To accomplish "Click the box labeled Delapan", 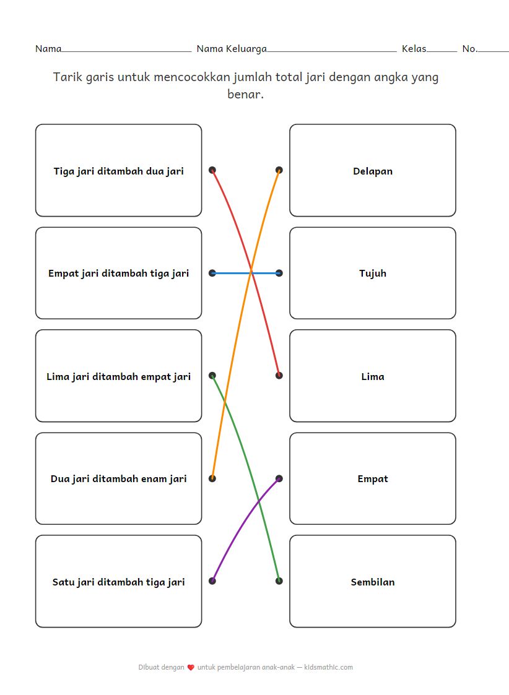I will pyautogui.click(x=372, y=171).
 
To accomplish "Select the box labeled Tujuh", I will pyautogui.click(x=372, y=273).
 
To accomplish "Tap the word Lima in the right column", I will pyautogui.click(x=372, y=376).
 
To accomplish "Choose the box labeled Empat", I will pyautogui.click(x=372, y=478).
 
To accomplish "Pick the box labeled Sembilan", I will pyautogui.click(x=372, y=582).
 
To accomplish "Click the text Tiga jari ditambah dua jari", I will pyautogui.click(x=118, y=171).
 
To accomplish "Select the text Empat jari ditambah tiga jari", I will pyautogui.click(x=118, y=273).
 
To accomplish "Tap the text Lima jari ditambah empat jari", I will pyautogui.click(x=118, y=376).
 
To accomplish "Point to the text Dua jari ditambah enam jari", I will pyautogui.click(x=118, y=478).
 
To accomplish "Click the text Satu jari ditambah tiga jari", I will pyautogui.click(x=118, y=582).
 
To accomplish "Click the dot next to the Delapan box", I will pyautogui.click(x=279, y=170).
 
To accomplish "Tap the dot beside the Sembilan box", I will pyautogui.click(x=279, y=581).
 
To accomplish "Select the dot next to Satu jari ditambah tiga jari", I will pyautogui.click(x=212, y=581).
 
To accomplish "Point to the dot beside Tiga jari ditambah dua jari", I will pyautogui.click(x=212, y=170).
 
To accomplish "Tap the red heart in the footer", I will pyautogui.click(x=191, y=668).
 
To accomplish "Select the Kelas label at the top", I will pyautogui.click(x=414, y=48).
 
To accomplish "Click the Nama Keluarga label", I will pyautogui.click(x=232, y=48).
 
